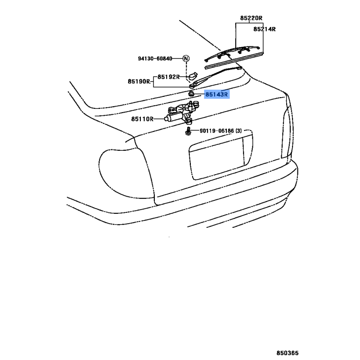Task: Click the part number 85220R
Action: (x=251, y=18)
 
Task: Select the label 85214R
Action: (x=265, y=29)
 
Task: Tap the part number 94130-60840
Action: (x=155, y=59)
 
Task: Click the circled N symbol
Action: (x=186, y=58)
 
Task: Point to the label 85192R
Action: (x=168, y=77)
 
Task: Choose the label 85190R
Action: (x=139, y=81)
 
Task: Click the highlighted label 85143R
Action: (x=217, y=94)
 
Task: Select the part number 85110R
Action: (x=142, y=119)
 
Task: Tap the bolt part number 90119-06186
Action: (x=217, y=131)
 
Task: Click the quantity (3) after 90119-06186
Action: (x=239, y=131)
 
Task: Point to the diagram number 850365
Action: (x=288, y=353)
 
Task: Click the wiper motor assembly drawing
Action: (x=182, y=112)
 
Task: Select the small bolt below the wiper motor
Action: (x=188, y=131)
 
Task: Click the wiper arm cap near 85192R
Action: (x=193, y=75)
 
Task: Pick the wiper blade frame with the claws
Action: (x=232, y=53)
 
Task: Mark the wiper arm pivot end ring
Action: (x=192, y=86)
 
